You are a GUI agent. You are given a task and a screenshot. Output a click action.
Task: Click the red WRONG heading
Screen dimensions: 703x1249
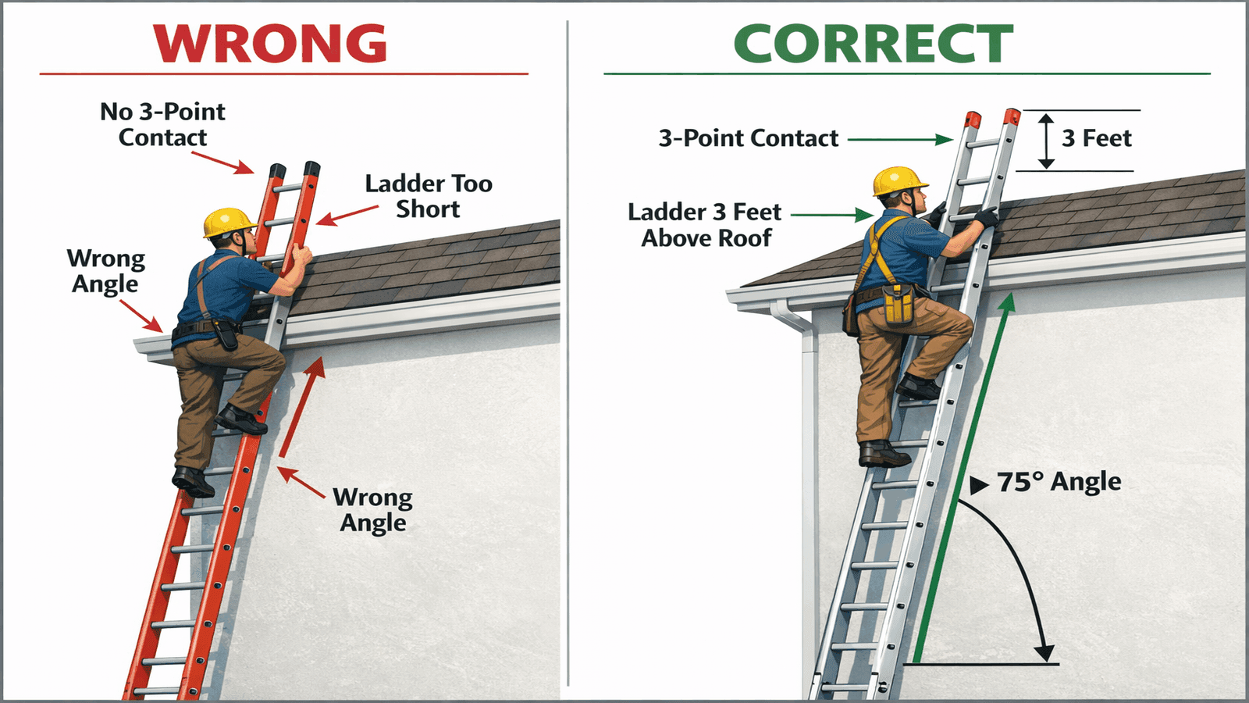[270, 44]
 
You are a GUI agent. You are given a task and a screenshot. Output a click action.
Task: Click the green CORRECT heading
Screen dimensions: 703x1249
[873, 44]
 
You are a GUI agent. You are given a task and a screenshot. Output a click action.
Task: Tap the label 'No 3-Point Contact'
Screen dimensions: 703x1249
[162, 124]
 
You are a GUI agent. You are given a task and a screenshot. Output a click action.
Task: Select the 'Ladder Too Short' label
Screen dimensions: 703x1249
[428, 196]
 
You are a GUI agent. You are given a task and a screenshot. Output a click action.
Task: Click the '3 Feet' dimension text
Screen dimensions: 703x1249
[1096, 138]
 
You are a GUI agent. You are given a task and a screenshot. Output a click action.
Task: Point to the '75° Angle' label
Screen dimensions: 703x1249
[1059, 481]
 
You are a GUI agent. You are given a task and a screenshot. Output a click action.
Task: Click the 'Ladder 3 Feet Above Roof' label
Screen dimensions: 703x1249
[705, 224]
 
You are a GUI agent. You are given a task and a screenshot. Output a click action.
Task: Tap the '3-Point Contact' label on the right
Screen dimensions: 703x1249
[748, 138]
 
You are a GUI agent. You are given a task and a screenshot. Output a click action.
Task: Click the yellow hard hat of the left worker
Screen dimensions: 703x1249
[228, 222]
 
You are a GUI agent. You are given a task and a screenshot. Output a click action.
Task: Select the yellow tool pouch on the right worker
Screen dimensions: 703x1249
[898, 304]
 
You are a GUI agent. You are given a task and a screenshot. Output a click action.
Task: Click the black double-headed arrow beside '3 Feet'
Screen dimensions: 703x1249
[1046, 141]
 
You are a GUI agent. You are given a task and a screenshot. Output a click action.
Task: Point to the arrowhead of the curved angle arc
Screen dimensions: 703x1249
[1044, 653]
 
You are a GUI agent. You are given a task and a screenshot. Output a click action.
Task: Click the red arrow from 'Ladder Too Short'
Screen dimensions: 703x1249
[347, 216]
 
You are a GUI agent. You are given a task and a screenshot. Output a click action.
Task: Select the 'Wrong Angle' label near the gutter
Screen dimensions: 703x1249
[105, 271]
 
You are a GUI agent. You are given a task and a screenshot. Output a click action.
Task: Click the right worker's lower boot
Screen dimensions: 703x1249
[883, 454]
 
